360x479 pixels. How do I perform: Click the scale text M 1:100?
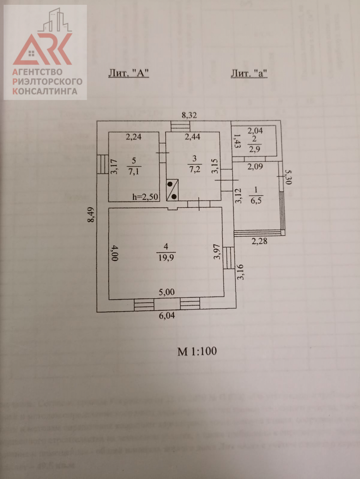(197, 352)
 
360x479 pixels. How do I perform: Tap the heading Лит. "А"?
(129, 73)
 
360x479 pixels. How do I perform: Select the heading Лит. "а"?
(249, 73)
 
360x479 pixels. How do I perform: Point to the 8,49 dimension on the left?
(91, 216)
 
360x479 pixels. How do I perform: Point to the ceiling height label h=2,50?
(146, 197)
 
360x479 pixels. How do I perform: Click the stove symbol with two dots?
(173, 190)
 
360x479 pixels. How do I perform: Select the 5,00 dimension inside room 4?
(167, 292)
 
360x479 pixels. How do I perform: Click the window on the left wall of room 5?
(100, 165)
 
